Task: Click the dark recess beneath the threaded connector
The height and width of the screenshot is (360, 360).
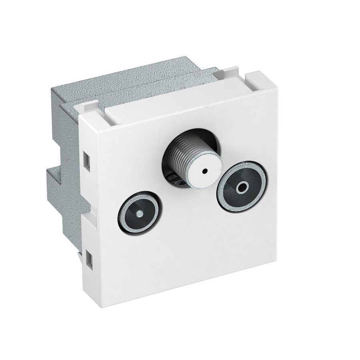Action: (176, 178)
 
